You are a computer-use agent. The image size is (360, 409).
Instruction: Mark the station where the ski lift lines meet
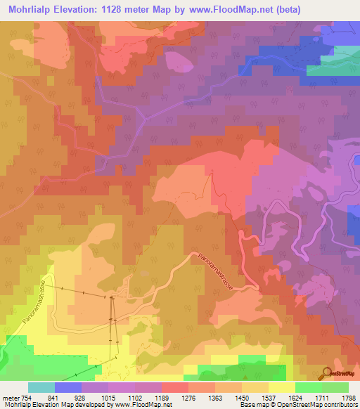pyautogui.click(x=112, y=298)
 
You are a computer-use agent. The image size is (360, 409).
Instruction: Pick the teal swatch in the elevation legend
pyautogui.click(x=41, y=387)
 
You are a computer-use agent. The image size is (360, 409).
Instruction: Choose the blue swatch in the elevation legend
pyautogui.click(x=68, y=387)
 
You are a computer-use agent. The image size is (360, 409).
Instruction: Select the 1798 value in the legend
pyautogui.click(x=347, y=398)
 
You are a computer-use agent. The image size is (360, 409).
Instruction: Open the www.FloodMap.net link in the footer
pyautogui.click(x=141, y=405)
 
